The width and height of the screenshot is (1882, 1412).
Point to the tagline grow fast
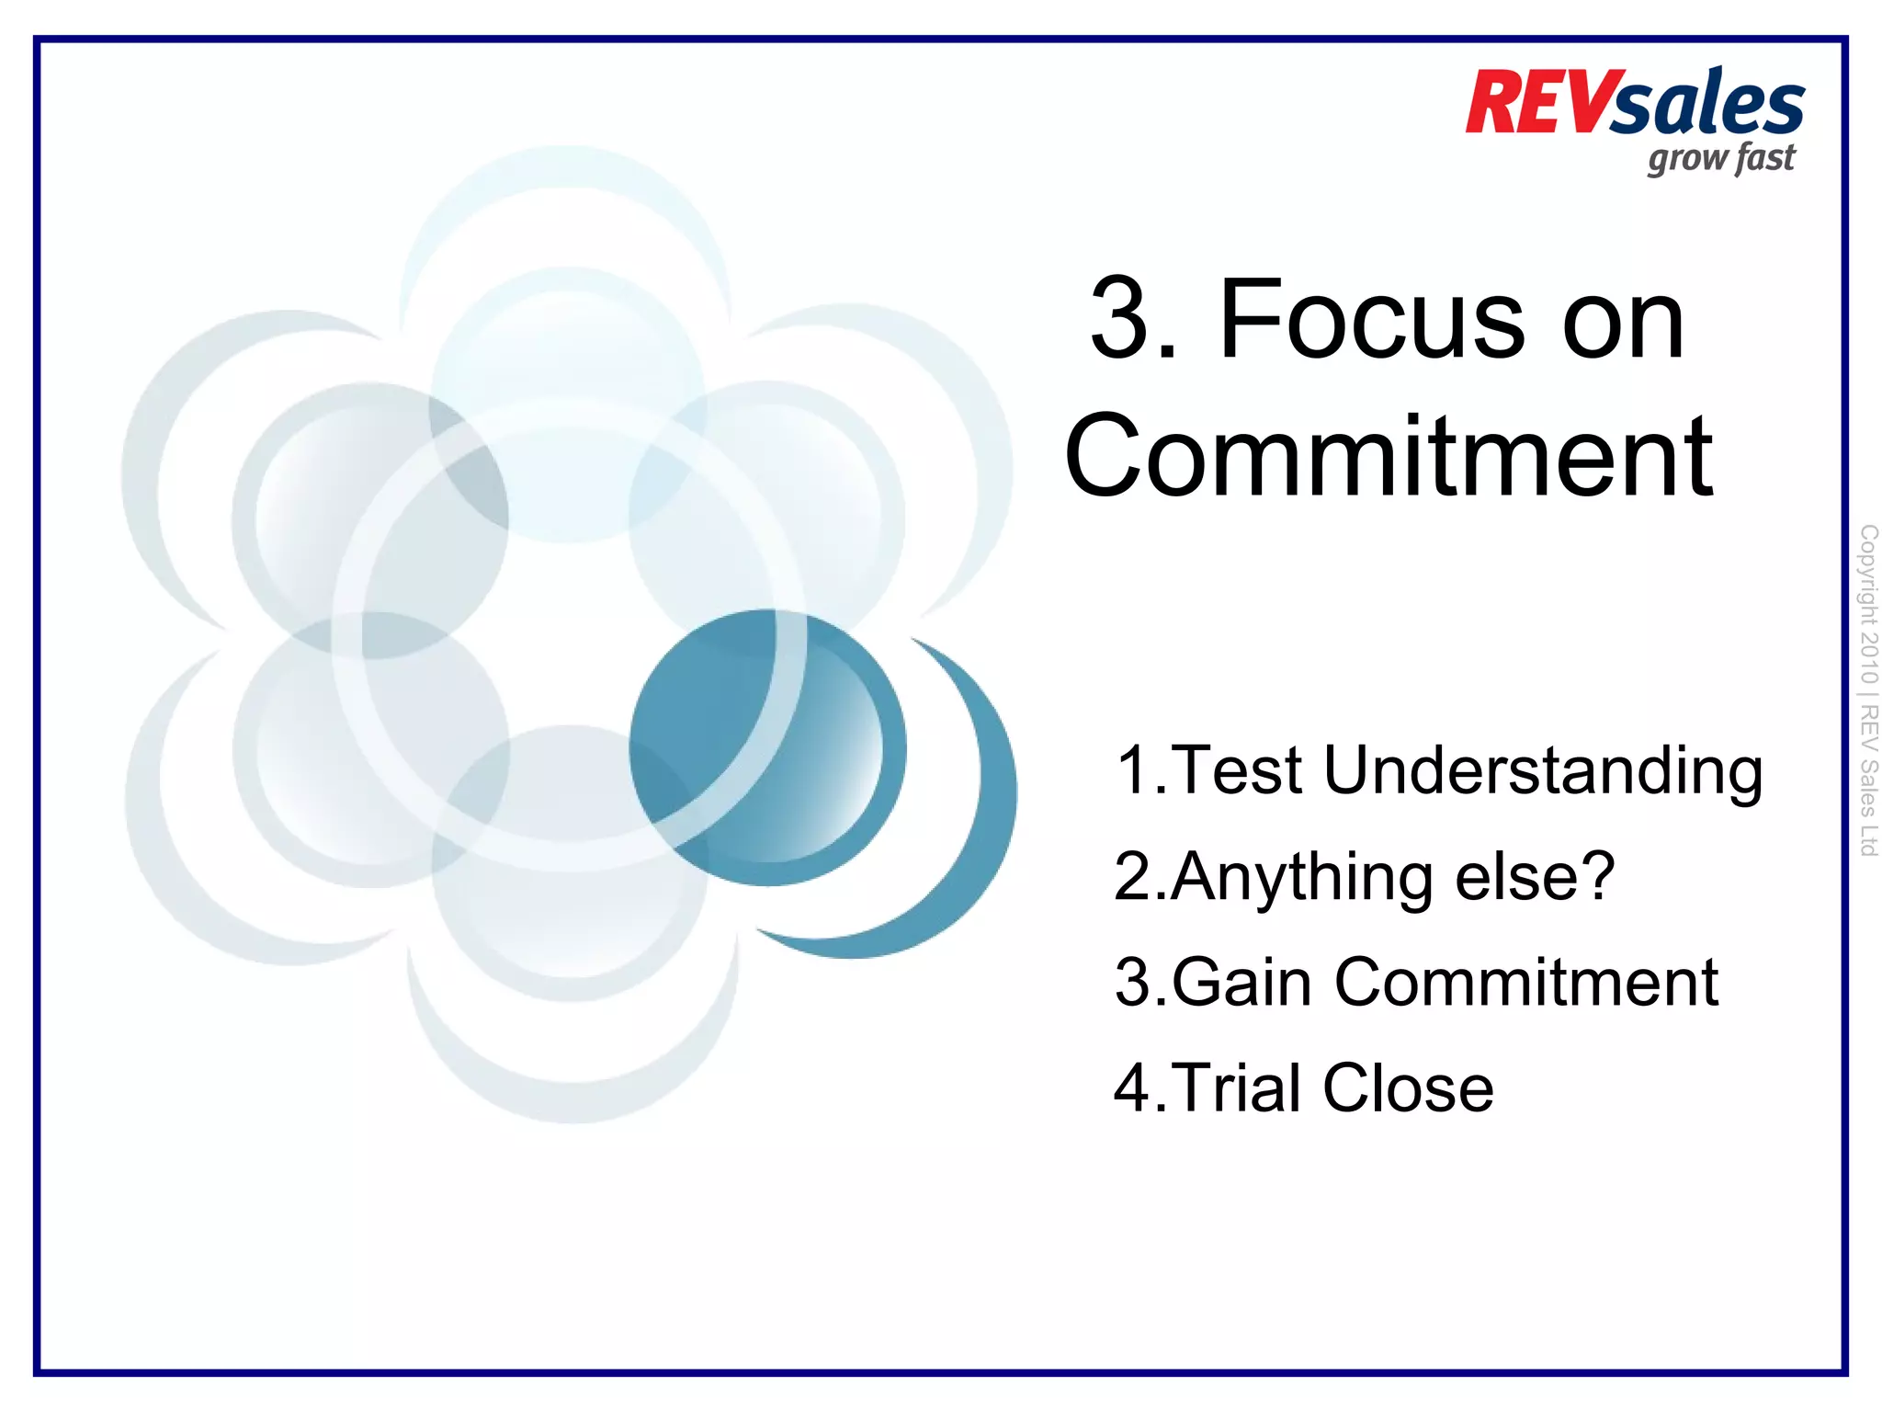[x=1720, y=159]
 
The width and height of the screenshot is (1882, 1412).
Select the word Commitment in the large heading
[x=1389, y=457]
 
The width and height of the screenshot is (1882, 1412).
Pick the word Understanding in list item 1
[x=1543, y=771]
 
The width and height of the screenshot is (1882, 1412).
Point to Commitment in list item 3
[x=1525, y=982]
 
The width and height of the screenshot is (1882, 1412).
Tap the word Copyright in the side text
[x=1868, y=575]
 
